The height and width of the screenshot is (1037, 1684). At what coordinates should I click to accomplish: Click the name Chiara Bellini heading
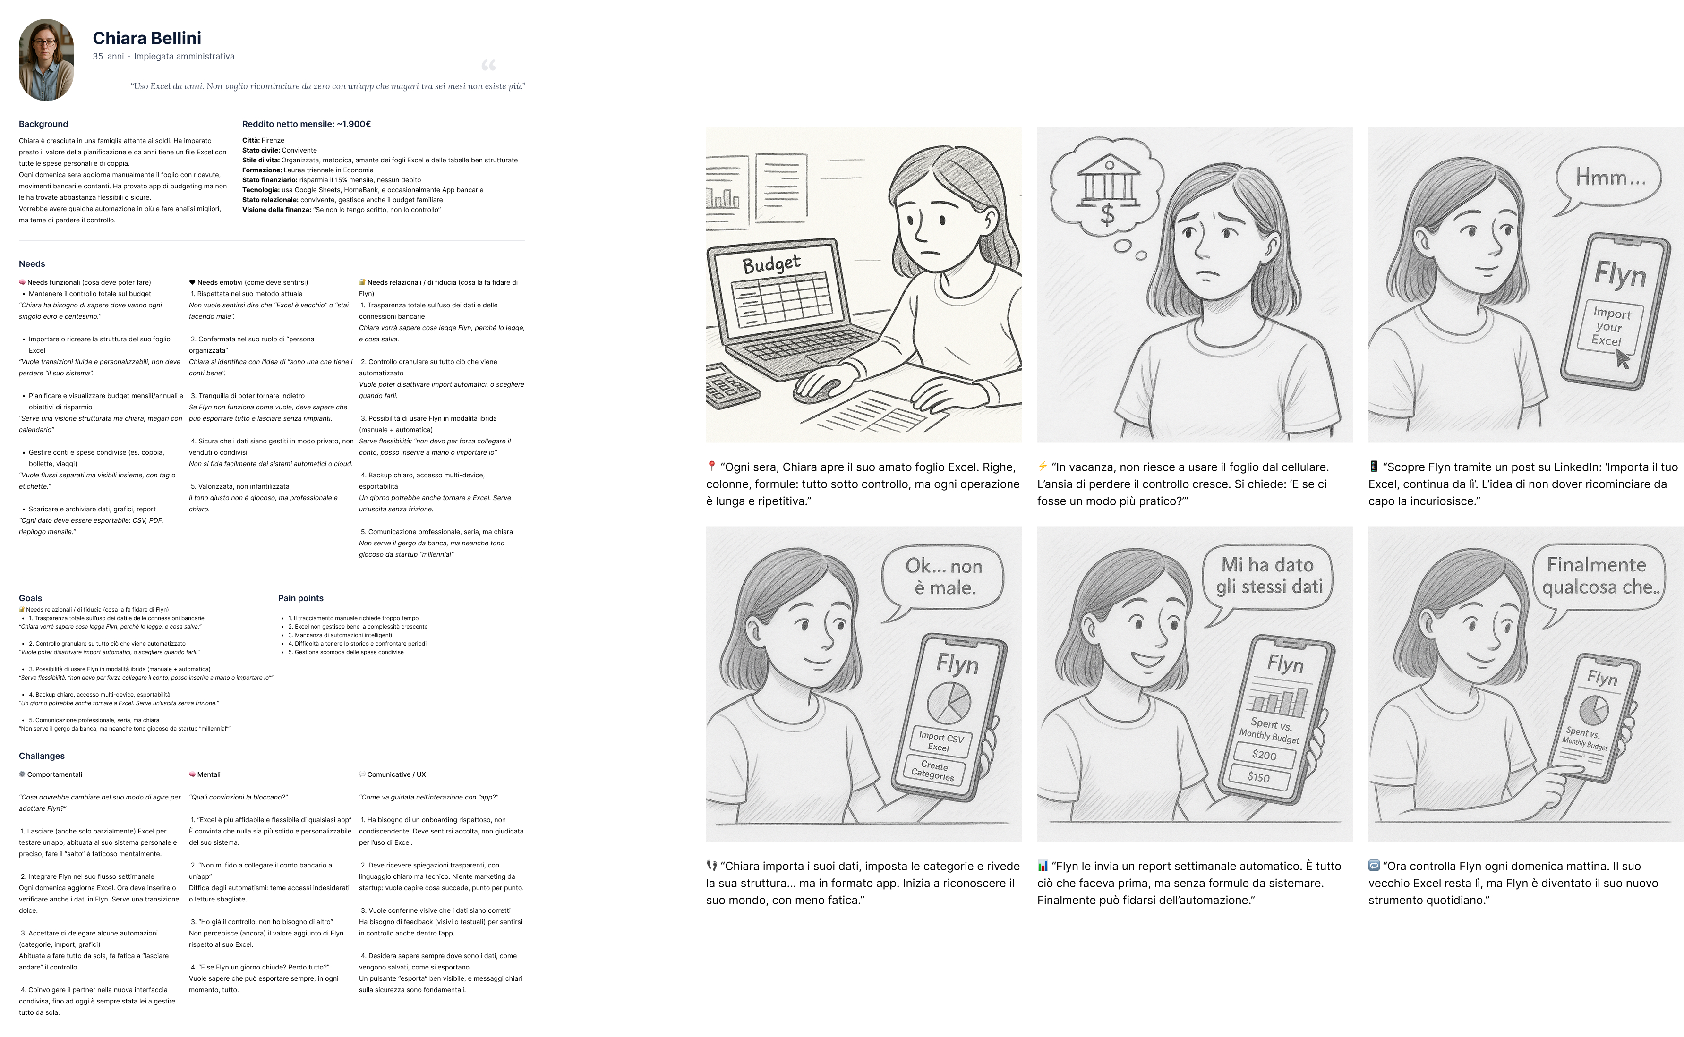point(147,38)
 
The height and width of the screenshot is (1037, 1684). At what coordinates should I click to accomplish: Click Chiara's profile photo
point(46,59)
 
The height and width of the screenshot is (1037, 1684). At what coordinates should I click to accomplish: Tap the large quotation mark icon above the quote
point(488,65)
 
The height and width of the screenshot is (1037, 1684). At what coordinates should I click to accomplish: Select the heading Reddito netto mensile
point(307,124)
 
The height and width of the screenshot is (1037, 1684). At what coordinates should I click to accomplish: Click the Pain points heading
point(300,598)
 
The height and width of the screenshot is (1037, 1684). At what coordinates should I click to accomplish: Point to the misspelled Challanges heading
point(42,756)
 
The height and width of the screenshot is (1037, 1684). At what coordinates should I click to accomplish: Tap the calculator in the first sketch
point(731,387)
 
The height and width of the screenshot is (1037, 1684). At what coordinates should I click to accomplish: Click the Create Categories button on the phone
point(933,770)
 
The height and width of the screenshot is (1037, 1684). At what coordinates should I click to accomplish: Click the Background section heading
point(43,124)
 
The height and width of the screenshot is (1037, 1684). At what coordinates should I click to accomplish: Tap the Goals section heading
point(30,598)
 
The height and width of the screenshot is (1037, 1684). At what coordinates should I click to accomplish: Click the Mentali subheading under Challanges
point(208,774)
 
